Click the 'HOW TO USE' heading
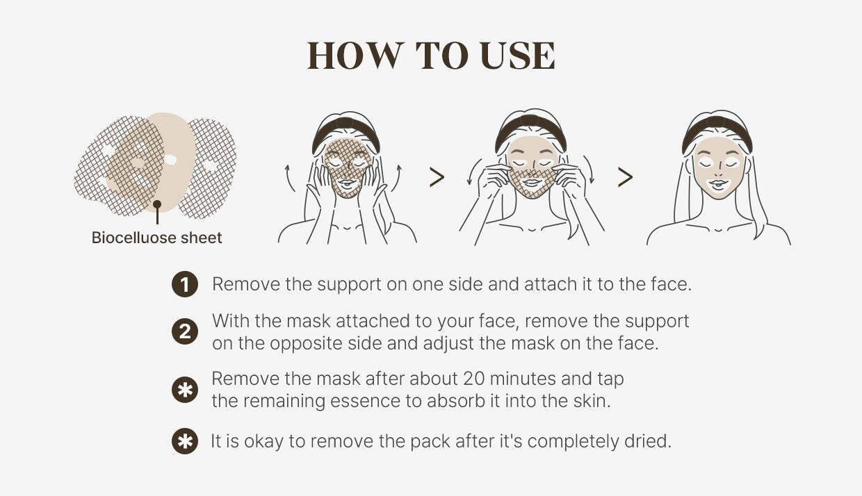point(431,56)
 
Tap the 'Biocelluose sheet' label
point(157,238)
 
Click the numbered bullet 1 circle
point(184,285)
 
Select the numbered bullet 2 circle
point(184,332)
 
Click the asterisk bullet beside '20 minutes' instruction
point(184,390)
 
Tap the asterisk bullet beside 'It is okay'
point(184,442)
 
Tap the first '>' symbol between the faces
point(437,178)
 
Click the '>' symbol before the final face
point(625,178)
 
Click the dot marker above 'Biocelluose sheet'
point(158,205)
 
